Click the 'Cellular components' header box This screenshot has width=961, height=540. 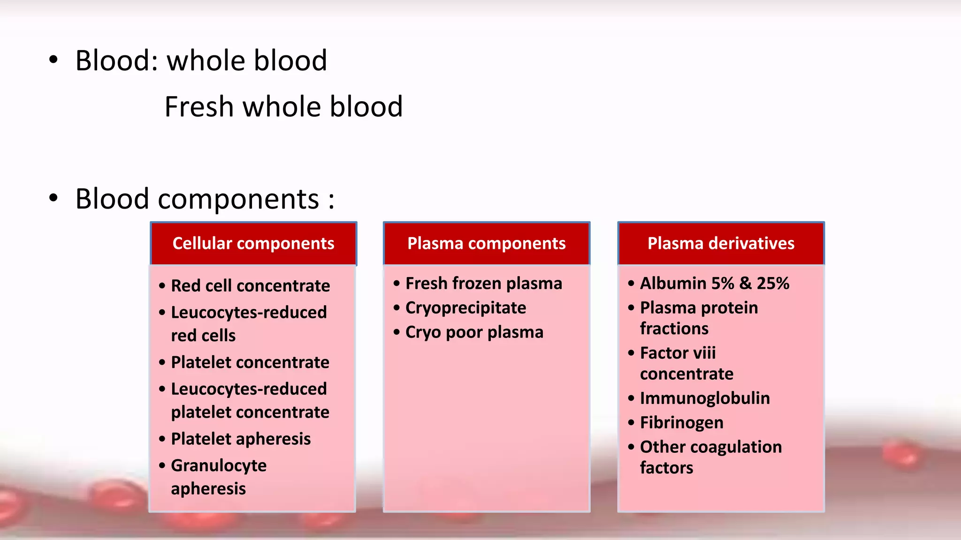coord(253,243)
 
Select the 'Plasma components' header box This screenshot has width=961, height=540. coord(486,243)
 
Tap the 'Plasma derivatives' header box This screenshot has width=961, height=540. coord(721,243)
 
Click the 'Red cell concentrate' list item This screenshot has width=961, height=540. coord(250,286)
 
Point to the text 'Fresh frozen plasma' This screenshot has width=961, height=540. coord(483,284)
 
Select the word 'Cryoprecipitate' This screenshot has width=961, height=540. coord(465,308)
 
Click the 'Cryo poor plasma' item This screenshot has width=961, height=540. coord(474,332)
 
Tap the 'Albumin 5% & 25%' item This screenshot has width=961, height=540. coord(714,284)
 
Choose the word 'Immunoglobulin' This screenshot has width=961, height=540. coord(705,398)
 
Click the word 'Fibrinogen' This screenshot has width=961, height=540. coord(681,423)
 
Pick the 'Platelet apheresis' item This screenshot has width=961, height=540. coord(241,439)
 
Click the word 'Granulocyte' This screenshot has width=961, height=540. coord(219,466)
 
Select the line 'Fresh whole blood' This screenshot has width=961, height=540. coord(283,107)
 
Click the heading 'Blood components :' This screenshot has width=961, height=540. coord(205,199)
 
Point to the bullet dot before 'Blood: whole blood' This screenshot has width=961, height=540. coord(53,60)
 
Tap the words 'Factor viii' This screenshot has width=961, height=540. coord(678,353)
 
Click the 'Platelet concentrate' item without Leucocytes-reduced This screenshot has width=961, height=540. coord(250,362)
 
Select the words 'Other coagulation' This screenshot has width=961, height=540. coord(710,447)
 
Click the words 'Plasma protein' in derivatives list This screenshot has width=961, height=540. coord(699,308)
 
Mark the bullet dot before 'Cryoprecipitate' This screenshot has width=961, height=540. coord(397,308)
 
